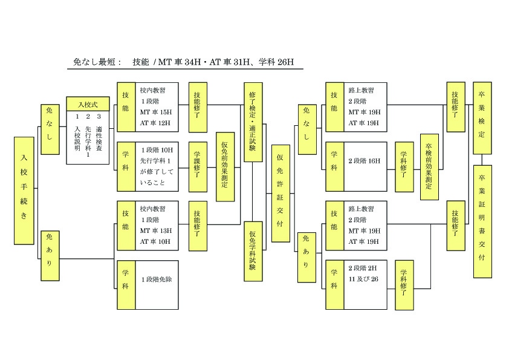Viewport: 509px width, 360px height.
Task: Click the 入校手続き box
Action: pos(24,190)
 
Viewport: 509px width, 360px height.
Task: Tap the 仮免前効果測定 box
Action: pos(225,166)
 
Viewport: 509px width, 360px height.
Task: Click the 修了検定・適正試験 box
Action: pos(253,122)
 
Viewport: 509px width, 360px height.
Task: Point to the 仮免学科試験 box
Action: pos(253,251)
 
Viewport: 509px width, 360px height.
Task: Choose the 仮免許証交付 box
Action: pos(280,193)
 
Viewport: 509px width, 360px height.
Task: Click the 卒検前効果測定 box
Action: pos(429,166)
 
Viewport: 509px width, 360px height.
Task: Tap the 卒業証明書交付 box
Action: pos(482,221)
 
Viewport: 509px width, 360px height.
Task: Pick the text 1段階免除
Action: pos(157,280)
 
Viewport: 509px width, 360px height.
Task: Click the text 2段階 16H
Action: pos(364,161)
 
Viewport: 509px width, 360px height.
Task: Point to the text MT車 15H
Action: pos(156,112)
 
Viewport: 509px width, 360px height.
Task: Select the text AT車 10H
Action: pos(156,241)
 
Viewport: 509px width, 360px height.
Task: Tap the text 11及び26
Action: pos(363,279)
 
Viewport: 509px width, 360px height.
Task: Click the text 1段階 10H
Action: pos(157,149)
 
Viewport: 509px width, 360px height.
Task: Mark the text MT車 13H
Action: pos(156,231)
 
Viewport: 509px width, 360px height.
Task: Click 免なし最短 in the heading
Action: pos(97,62)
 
